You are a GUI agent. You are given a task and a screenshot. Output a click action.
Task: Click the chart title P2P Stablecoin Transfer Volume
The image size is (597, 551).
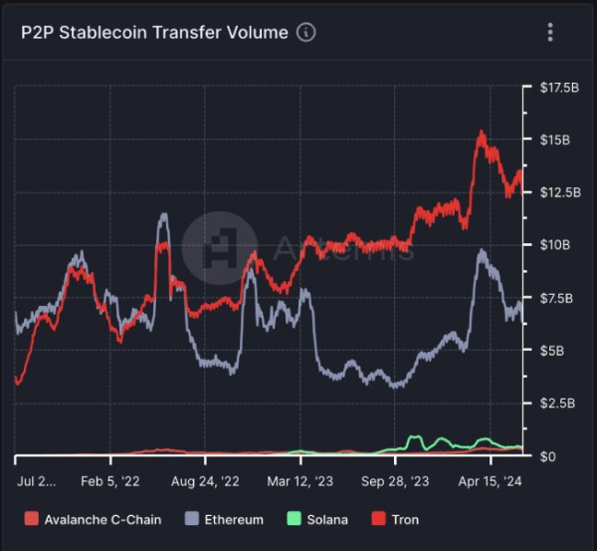(x=154, y=33)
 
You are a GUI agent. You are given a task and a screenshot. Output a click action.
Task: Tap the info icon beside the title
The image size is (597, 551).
(x=306, y=33)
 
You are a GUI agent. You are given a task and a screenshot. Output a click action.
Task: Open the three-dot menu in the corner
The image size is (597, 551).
(x=550, y=33)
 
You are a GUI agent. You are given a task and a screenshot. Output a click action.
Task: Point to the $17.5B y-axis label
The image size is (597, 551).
(x=558, y=88)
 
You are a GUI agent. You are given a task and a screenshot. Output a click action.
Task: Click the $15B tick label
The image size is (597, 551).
(x=554, y=139)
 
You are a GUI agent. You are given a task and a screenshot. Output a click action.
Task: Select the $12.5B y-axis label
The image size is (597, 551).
(x=558, y=191)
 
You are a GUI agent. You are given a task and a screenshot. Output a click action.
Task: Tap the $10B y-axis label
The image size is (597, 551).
(x=554, y=245)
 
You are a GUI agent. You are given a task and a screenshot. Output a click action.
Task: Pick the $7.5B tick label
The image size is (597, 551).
(x=556, y=298)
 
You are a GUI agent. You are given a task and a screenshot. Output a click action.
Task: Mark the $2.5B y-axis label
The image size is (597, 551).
(x=556, y=404)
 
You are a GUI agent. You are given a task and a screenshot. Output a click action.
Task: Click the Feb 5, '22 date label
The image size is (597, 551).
(x=111, y=480)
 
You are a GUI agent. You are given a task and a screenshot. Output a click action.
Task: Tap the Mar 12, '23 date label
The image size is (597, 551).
(x=300, y=480)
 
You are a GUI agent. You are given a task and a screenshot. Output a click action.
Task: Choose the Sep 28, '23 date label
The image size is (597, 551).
(x=395, y=480)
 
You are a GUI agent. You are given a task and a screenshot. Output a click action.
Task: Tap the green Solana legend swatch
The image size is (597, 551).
(x=294, y=519)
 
